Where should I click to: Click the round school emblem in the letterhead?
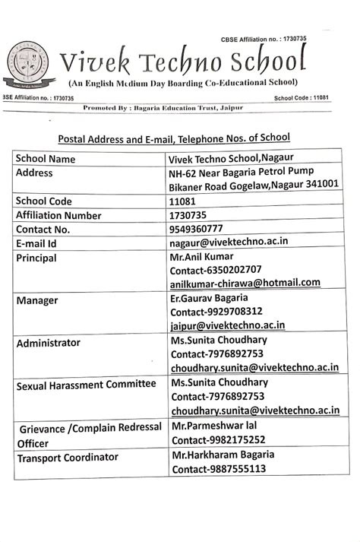tap(28, 65)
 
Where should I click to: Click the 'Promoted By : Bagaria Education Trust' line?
tap(163, 109)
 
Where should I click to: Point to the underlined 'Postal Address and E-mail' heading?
tap(174, 138)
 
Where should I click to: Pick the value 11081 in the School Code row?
tap(185, 201)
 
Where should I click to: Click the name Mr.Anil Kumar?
tap(201, 256)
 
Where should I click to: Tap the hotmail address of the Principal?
tap(245, 284)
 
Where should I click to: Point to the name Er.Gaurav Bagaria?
tap(210, 298)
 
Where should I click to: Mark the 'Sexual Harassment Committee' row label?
tap(85, 385)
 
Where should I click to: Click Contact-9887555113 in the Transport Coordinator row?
tap(218, 468)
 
